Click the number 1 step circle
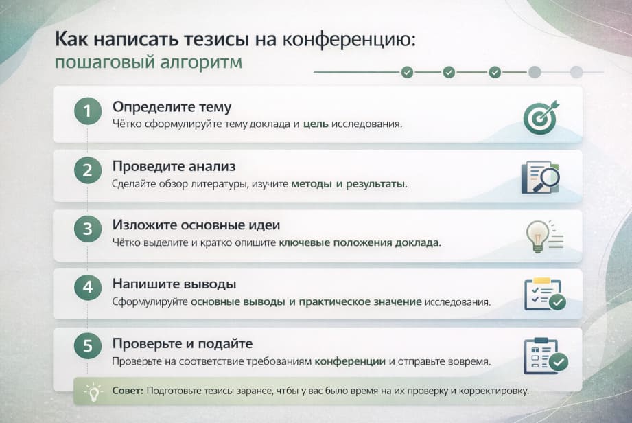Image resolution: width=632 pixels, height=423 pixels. pyautogui.click(x=87, y=111)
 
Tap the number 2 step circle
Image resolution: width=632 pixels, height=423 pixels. pyautogui.click(x=87, y=170)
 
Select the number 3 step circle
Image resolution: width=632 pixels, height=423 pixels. pyautogui.click(x=87, y=229)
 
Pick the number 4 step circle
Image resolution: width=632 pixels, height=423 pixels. pyautogui.click(x=87, y=288)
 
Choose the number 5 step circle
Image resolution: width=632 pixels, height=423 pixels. pyautogui.click(x=87, y=347)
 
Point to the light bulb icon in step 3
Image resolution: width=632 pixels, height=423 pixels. pyautogui.click(x=537, y=235)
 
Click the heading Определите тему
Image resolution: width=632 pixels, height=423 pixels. pyautogui.click(x=172, y=107)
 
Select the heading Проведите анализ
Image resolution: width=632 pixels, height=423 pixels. pyautogui.click(x=174, y=166)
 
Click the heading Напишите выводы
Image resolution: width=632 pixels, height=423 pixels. pyautogui.click(x=174, y=284)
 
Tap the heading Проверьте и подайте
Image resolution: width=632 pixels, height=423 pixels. pyautogui.click(x=183, y=343)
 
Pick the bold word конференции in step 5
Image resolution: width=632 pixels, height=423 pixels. pyautogui.click(x=351, y=361)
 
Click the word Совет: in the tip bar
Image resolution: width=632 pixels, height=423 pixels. pyautogui.click(x=128, y=391)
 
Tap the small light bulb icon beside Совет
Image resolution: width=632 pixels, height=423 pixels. pyautogui.click(x=92, y=391)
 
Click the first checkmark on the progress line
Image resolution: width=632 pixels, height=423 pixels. pyautogui.click(x=407, y=72)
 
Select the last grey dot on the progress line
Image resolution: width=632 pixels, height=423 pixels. pyautogui.click(x=576, y=72)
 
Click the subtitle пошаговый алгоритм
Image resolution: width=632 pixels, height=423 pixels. pyautogui.click(x=148, y=62)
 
